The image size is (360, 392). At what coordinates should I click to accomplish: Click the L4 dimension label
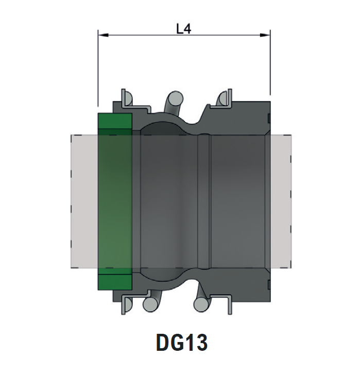tap(183, 29)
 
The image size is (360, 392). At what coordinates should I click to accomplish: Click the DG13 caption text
tap(181, 343)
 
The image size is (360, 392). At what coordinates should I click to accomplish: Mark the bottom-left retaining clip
tap(127, 304)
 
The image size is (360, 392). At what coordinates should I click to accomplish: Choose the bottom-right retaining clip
tap(225, 304)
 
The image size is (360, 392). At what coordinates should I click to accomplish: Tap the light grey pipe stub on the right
tap(281, 201)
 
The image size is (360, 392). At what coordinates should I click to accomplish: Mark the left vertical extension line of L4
tap(98, 72)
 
